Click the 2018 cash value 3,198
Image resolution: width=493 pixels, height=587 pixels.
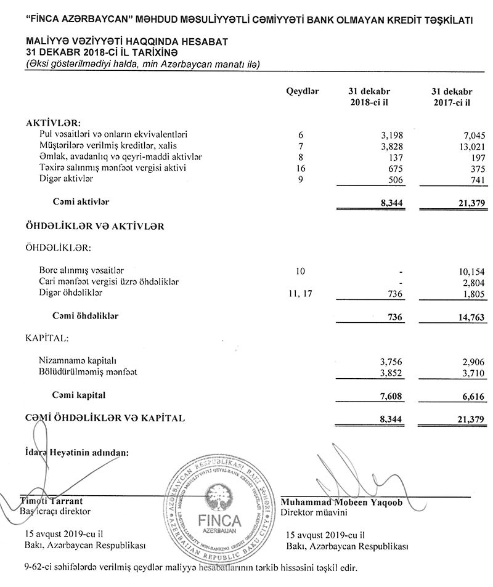(390, 135)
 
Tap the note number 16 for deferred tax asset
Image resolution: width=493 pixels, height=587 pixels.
(301, 168)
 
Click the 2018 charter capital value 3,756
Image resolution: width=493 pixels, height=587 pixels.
(391, 362)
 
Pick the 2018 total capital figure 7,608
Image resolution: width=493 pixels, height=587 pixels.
(390, 396)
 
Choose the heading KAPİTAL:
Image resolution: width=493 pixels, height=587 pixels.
(47, 339)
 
